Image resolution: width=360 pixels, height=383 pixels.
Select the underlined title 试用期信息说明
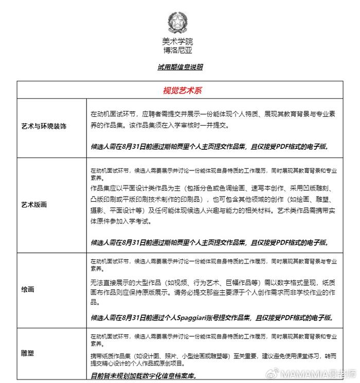point(179,67)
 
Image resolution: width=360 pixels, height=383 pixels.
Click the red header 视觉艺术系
point(183,90)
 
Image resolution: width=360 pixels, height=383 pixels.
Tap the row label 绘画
point(28,289)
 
